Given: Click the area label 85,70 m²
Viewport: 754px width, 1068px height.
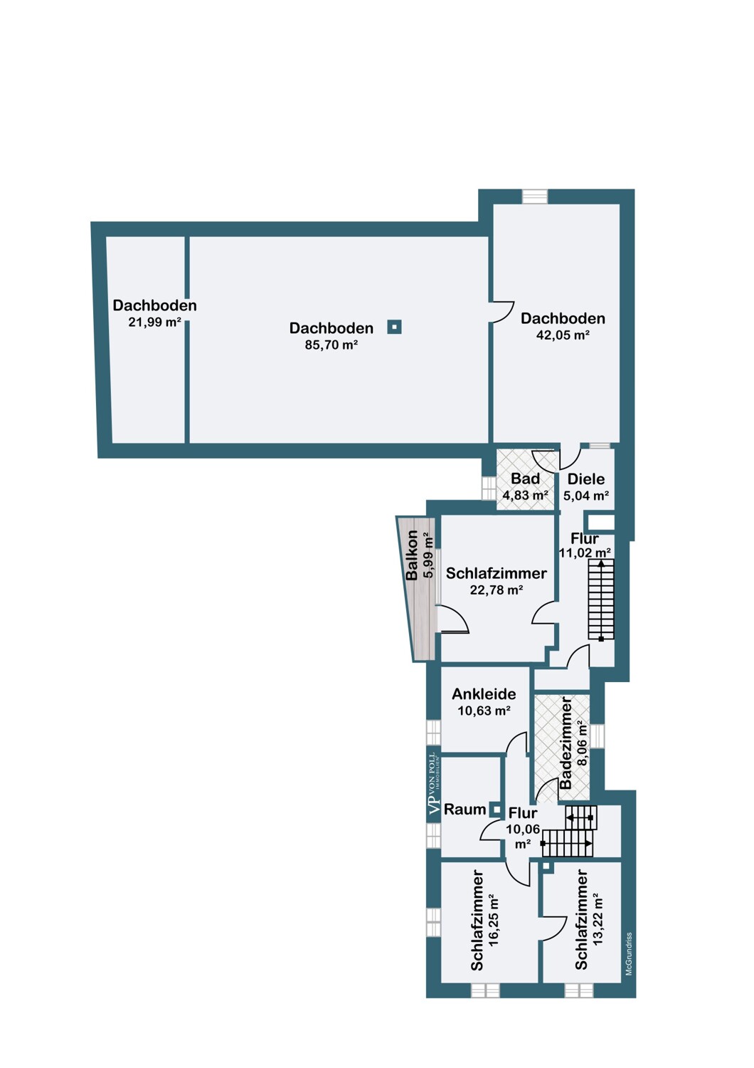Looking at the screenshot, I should [331, 345].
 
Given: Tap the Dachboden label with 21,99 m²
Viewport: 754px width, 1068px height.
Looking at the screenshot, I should [154, 305].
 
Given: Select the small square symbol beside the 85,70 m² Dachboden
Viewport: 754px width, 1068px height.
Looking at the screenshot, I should [394, 327].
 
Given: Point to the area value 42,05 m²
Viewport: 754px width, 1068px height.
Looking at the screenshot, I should [563, 335].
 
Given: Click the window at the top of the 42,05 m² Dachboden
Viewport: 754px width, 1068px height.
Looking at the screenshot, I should [534, 197].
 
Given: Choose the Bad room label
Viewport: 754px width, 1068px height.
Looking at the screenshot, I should [525, 479].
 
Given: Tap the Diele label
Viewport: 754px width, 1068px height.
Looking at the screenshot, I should [585, 479].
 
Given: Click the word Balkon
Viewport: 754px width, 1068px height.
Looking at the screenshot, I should [412, 555].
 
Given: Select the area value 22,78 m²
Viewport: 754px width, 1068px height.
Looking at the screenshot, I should [497, 590].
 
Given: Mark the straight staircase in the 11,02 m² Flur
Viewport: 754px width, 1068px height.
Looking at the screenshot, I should [601, 600].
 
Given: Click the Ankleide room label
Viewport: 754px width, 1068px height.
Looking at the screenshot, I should [484, 694].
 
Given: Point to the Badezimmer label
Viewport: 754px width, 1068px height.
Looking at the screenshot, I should [566, 743].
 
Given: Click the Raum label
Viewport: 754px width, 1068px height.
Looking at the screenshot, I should [464, 810].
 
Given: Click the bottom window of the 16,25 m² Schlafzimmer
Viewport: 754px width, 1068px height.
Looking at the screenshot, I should [485, 990].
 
